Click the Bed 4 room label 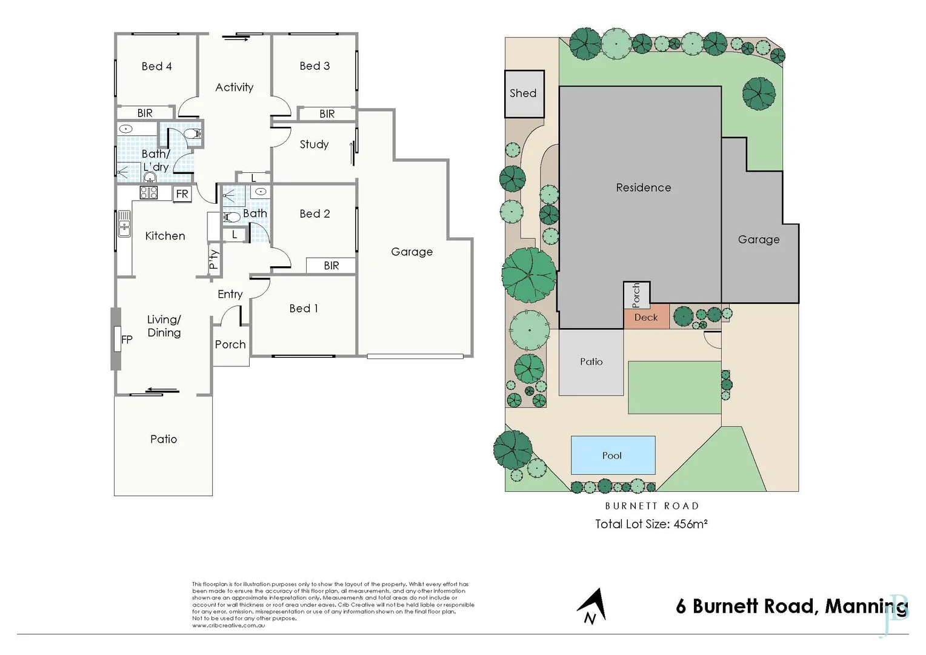[x=156, y=66]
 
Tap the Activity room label [x=234, y=87]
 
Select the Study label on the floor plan [x=314, y=144]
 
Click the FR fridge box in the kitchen [x=182, y=194]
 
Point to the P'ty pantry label [x=213, y=260]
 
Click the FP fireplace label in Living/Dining [x=127, y=340]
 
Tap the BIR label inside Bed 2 [x=331, y=266]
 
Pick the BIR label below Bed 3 [x=327, y=114]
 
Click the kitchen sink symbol [x=124, y=224]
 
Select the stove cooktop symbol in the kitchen [x=149, y=193]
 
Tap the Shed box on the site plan [x=524, y=93]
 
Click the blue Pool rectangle [x=613, y=455]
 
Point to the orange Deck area [x=646, y=317]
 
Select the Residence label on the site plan [x=643, y=187]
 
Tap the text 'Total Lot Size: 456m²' [x=651, y=524]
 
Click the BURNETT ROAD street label [x=651, y=506]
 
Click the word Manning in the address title [x=865, y=606]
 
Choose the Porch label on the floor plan [x=230, y=344]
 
